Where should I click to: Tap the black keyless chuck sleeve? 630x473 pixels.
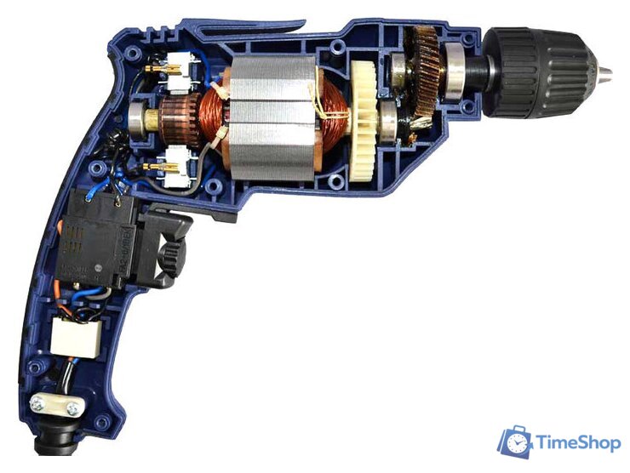coord(535,72)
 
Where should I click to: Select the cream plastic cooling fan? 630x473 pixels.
coord(364,121)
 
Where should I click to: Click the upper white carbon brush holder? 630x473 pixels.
coord(178,72)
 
